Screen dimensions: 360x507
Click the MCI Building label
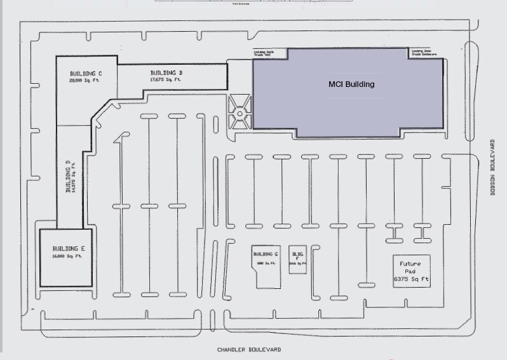pyautogui.click(x=351, y=84)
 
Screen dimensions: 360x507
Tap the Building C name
pyautogui.click(x=86, y=74)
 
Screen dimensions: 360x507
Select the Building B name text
pyautogui.click(x=166, y=73)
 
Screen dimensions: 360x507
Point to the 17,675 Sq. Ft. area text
pyautogui.click(x=165, y=80)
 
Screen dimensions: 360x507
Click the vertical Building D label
pyautogui.click(x=67, y=178)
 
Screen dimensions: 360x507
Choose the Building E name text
pyautogui.click(x=68, y=248)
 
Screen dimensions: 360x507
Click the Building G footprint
pyautogui.click(x=266, y=267)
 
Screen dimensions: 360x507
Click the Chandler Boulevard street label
pyautogui.click(x=248, y=350)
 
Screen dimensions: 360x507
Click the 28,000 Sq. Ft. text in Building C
pyautogui.click(x=85, y=81)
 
